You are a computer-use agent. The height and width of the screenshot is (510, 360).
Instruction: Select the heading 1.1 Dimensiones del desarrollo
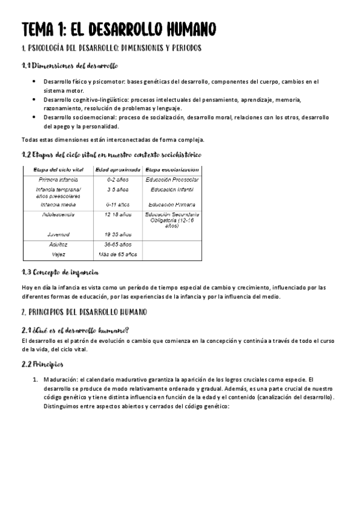(69, 66)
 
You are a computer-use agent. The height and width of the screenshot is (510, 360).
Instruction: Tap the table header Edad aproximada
(118, 170)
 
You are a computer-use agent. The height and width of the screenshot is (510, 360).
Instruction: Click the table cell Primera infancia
(58, 180)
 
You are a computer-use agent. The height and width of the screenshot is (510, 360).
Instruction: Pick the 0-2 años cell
(118, 180)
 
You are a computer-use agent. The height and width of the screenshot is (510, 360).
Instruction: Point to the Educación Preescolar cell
(172, 180)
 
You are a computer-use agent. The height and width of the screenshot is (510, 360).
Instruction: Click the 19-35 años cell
(118, 235)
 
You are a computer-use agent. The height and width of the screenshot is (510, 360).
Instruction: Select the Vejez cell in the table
(58, 254)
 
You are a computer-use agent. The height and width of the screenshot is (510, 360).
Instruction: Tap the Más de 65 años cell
(118, 254)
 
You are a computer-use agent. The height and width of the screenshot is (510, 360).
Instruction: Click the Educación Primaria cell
(172, 204)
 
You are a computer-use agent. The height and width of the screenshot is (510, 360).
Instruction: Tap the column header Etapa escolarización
(172, 170)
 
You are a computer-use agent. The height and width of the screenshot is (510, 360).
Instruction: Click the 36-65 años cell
(118, 245)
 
